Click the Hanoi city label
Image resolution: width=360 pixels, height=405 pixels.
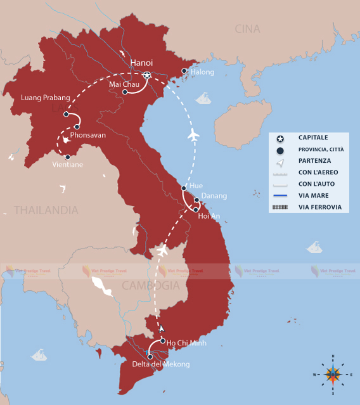pyautogui.click(x=142, y=62)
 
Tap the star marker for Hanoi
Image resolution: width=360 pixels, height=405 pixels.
pyautogui.click(x=147, y=76)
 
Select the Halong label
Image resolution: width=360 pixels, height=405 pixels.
pyautogui.click(x=202, y=72)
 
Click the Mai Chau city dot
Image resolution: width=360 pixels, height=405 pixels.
pyautogui.click(x=125, y=92)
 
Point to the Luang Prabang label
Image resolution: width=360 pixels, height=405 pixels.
pyautogui.click(x=43, y=98)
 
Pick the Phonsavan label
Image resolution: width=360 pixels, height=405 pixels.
pyautogui.click(x=88, y=135)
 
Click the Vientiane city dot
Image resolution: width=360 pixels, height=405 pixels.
pyautogui.click(x=67, y=157)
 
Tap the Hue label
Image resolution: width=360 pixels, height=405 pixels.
pyautogui.click(x=196, y=186)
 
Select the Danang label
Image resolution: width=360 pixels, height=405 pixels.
pyautogui.click(x=214, y=196)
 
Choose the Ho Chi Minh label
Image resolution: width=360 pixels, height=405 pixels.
pyautogui.click(x=186, y=343)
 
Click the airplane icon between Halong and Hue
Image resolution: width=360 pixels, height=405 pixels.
pyautogui.click(x=194, y=135)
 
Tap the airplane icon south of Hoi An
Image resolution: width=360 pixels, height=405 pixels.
pyautogui.click(x=162, y=252)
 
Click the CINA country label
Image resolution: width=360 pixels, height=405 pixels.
pyautogui.click(x=247, y=29)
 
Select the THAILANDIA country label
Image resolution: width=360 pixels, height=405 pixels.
pyautogui.click(x=46, y=210)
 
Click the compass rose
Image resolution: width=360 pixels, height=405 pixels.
pyautogui.click(x=333, y=374)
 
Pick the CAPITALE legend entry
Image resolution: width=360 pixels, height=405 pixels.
pyautogui.click(x=313, y=138)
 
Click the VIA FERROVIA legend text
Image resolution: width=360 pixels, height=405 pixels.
pyautogui.click(x=319, y=207)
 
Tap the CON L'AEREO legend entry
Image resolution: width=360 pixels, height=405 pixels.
pyautogui.click(x=318, y=172)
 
